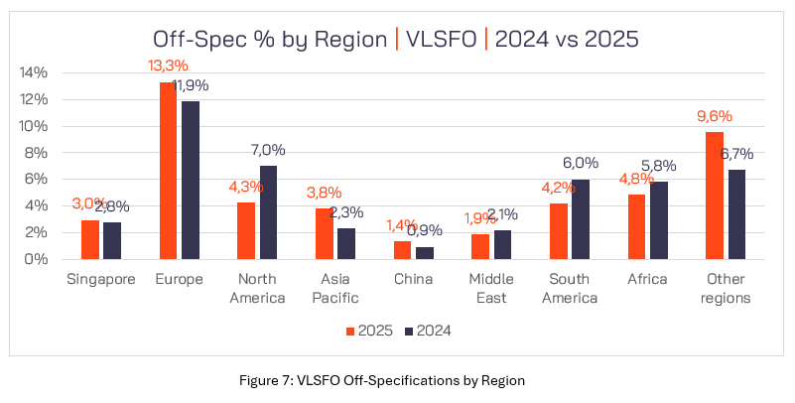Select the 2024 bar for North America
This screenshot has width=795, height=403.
(x=269, y=212)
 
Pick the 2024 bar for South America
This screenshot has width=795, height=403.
(x=579, y=219)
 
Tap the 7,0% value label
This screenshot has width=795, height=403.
(x=268, y=150)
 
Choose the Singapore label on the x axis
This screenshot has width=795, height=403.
(x=99, y=279)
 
